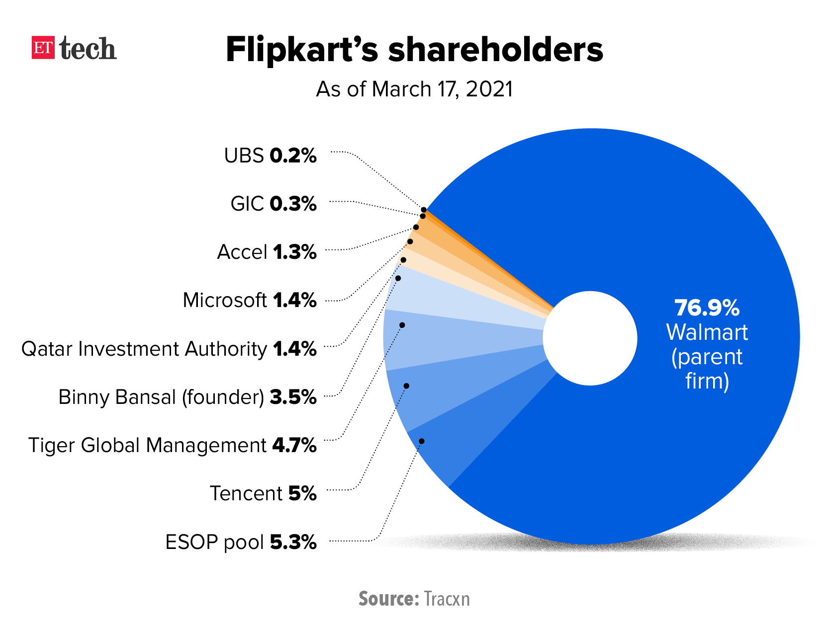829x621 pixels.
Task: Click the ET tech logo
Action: pos(74,48)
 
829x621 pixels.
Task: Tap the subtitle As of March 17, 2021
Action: pos(414,89)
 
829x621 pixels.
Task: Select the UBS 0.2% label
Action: pos(270,155)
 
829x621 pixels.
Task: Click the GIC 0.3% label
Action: pos(273,204)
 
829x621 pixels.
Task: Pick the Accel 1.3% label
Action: pos(267,252)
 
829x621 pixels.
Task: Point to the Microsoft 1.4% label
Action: pos(249,300)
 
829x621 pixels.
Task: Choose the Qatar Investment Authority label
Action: pos(169,349)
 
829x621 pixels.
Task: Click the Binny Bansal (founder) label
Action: pos(187,397)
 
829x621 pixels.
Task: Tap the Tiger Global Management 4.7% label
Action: pos(172,445)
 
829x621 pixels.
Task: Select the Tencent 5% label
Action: pos(263,493)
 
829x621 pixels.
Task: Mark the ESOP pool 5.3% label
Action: pos(241,542)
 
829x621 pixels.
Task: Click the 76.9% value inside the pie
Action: pos(707,308)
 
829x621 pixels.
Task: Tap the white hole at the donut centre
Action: pos(590,338)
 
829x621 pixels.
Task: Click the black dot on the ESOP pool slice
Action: pos(422,441)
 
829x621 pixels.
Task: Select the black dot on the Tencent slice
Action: pos(406,386)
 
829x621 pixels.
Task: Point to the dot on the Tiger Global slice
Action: pos(402,325)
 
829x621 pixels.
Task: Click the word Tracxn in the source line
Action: pos(447,599)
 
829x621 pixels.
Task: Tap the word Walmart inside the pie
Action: pos(707,332)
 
